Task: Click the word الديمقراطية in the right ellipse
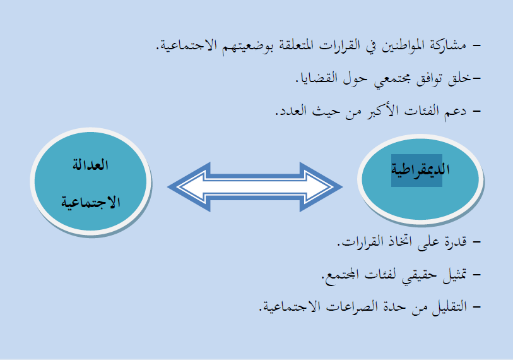(420, 170)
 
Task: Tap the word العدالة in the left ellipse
(90, 164)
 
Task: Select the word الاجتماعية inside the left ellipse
(91, 202)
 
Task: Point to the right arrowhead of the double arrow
(321, 187)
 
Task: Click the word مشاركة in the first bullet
(448, 45)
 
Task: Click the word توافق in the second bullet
(429, 78)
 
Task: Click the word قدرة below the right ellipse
(456, 242)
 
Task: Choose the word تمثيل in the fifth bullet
(455, 275)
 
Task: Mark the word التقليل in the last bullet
(449, 308)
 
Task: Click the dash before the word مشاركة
(476, 45)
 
